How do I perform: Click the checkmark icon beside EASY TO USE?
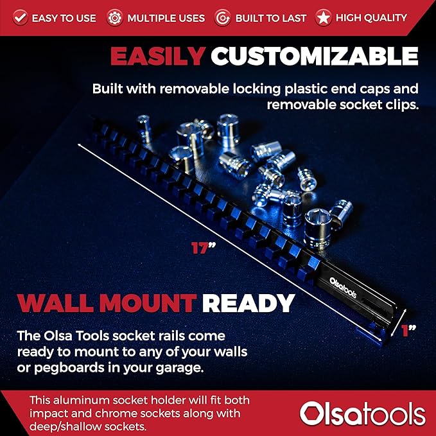click(20, 17)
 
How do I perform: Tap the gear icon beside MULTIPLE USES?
click(115, 17)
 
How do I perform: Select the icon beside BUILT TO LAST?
click(222, 17)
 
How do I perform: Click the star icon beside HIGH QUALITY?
click(323, 17)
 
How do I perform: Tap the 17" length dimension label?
click(202, 247)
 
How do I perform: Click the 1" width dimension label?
click(408, 331)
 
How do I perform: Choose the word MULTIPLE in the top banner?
click(152, 18)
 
